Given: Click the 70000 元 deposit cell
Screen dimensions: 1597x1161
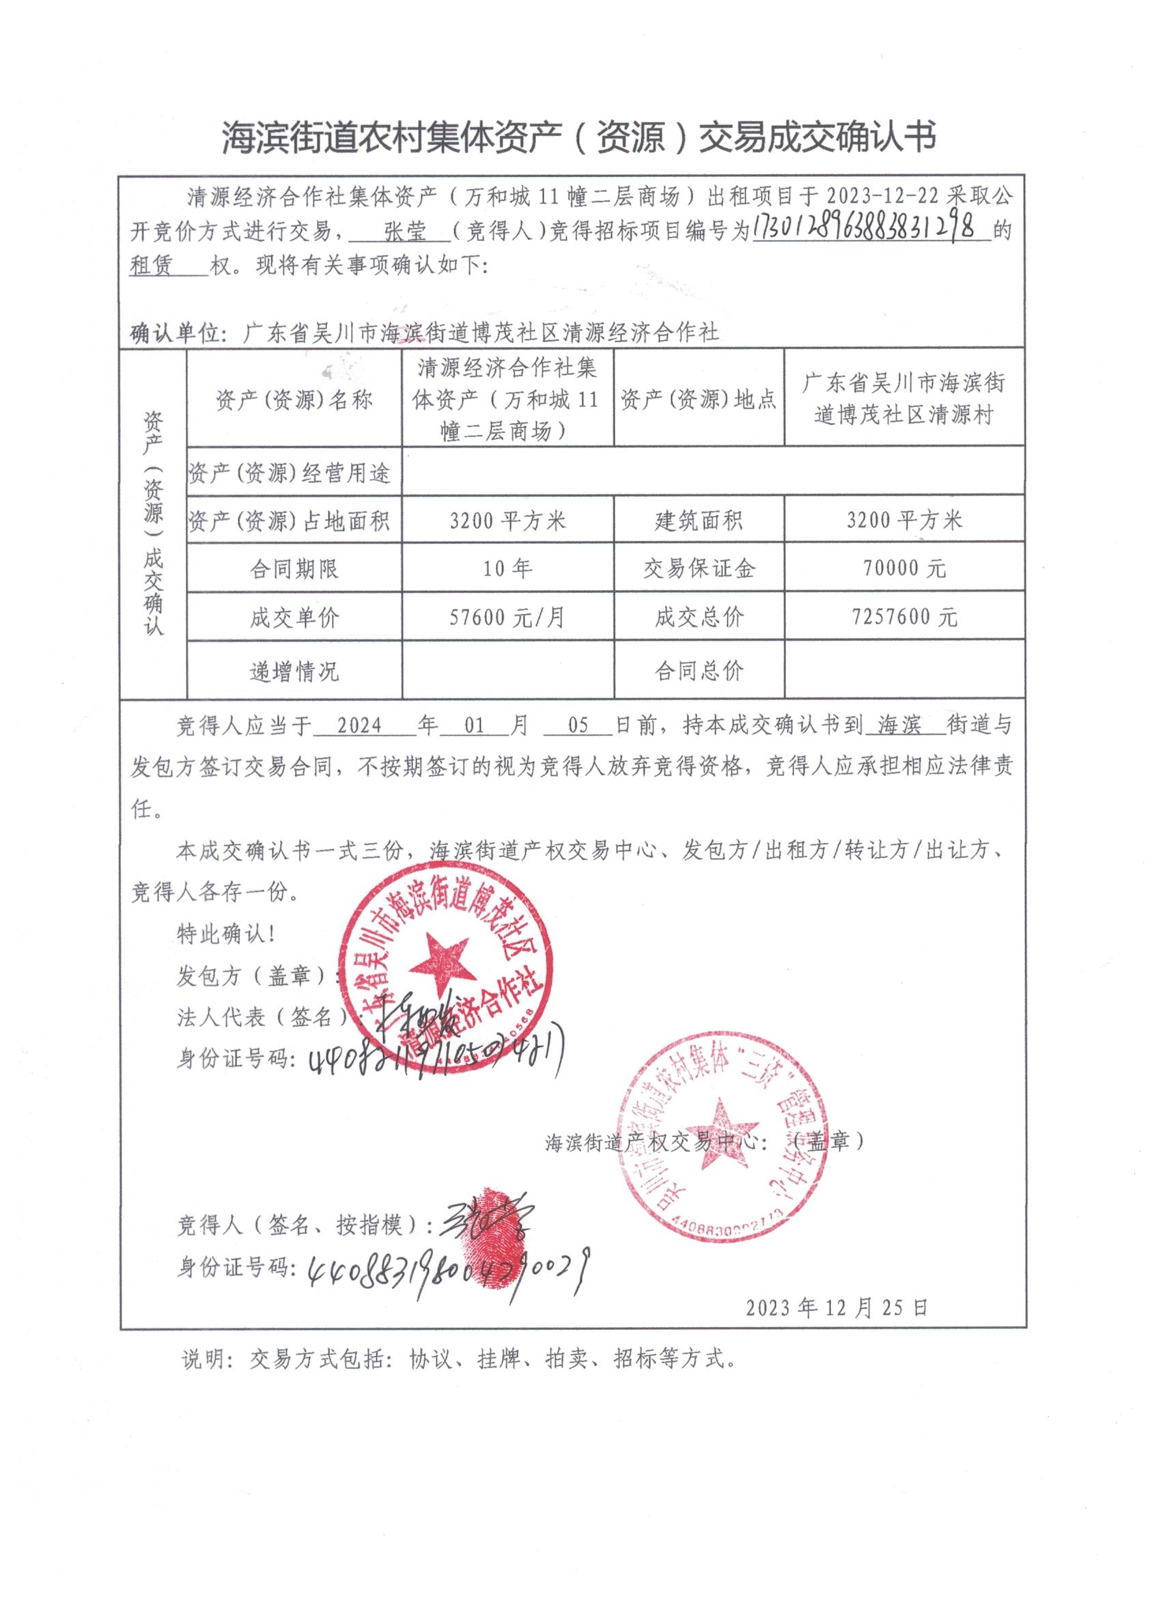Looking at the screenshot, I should pos(904,568).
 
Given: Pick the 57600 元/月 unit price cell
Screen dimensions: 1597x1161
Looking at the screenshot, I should pos(507,617).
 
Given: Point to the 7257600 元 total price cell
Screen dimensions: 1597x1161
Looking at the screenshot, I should pos(904,617).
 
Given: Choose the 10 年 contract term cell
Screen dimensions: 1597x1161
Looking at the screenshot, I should pos(507,568).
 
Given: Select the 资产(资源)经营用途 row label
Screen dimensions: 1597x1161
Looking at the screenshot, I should pos(290,473).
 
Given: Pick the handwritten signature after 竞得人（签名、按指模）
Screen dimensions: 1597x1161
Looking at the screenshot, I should pos(486,1225).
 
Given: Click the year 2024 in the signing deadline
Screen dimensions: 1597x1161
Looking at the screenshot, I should pos(359,726).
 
